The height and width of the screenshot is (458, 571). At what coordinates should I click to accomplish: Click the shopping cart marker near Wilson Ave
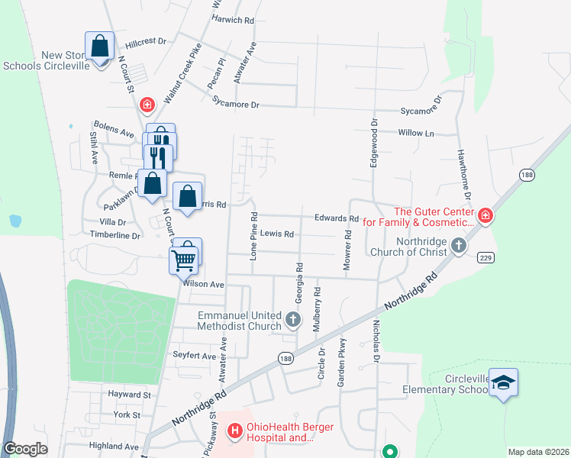coord(183,260)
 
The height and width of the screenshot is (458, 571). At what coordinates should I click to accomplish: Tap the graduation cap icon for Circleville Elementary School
coord(504,382)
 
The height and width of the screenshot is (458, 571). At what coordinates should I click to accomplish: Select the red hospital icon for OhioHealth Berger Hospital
coord(234,431)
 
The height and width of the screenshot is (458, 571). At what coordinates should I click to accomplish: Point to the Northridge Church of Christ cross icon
coord(458,245)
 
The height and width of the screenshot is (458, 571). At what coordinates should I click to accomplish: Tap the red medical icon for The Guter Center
coord(485,216)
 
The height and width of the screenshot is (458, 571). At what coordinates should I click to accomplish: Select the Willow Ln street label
coord(415,133)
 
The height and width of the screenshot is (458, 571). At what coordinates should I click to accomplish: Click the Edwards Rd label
coord(337,218)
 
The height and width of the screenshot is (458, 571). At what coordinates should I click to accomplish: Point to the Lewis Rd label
coord(276,234)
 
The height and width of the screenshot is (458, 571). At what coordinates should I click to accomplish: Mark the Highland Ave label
coord(114,446)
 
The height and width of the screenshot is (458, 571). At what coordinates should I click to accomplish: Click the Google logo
coord(25,449)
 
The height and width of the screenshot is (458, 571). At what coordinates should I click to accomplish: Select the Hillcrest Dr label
coord(146,42)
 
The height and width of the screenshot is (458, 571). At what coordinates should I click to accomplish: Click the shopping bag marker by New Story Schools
coord(99,47)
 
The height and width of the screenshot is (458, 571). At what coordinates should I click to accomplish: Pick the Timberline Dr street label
coord(115,236)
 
